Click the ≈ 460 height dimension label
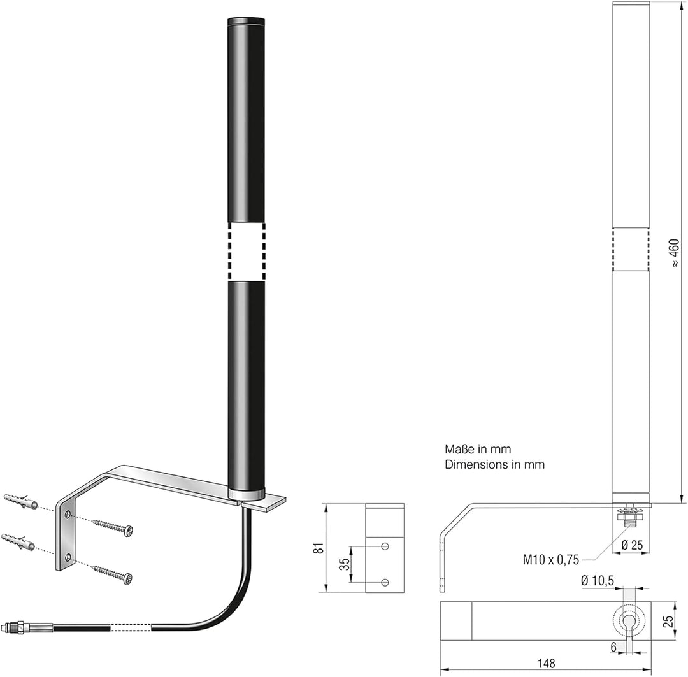coord(675,253)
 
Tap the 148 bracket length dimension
coord(546,663)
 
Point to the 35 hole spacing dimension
coord(346,564)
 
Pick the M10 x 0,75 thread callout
coord(550,560)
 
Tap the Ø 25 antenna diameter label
coord(633,545)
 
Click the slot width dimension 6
coord(613,646)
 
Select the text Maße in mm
coord(478,449)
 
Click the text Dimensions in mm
coord(494,464)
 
